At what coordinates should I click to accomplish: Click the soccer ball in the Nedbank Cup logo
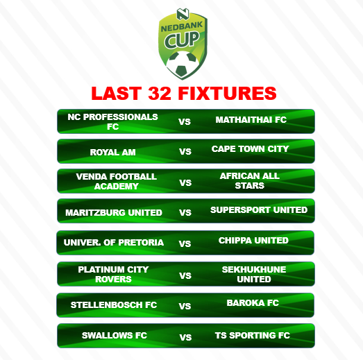[x=183, y=64]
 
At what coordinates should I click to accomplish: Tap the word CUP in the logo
[x=182, y=40]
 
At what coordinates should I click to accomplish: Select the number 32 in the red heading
[x=160, y=93]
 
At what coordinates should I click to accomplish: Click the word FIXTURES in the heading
[x=227, y=93]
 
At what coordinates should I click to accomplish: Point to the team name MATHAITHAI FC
[x=251, y=119]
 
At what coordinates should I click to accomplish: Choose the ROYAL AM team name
[x=112, y=152]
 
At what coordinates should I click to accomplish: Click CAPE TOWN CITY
[x=250, y=148]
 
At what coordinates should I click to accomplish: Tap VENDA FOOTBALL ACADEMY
[x=117, y=182]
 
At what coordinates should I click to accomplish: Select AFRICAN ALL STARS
[x=250, y=181]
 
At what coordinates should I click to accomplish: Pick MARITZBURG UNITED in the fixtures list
[x=114, y=213]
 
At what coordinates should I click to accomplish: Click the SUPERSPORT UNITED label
[x=259, y=210]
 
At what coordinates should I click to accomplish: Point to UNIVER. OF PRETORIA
[x=114, y=243]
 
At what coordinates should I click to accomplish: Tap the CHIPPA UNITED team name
[x=253, y=241]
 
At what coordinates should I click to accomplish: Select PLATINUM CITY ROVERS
[x=113, y=275]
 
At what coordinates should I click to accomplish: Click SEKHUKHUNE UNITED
[x=254, y=275]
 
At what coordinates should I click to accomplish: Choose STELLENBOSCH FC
[x=114, y=305]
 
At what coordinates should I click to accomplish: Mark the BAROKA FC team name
[x=253, y=303]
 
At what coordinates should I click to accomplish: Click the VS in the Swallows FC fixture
[x=185, y=338]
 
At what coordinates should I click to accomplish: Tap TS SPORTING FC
[x=253, y=336]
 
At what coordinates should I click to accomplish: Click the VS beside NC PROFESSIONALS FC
[x=185, y=121]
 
